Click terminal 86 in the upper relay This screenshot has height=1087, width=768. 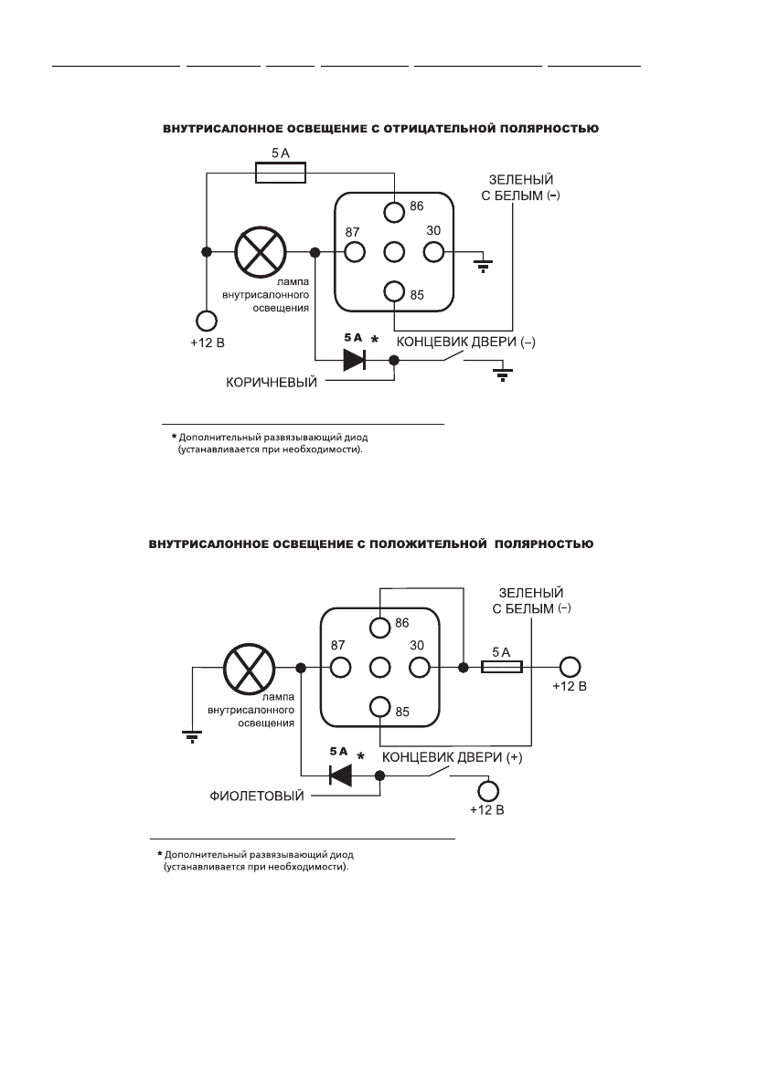coord(394,212)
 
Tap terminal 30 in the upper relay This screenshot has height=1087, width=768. coord(432,251)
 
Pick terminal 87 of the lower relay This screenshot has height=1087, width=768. coord(341,667)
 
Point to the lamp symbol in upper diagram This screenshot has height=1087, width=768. coord(261,252)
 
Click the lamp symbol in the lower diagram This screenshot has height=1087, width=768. coord(248,668)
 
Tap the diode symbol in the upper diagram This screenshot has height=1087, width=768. coord(355,361)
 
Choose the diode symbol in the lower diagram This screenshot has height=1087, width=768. coord(342,776)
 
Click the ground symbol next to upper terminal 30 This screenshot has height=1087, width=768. coord(483,265)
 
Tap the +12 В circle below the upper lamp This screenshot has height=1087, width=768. coord(207,321)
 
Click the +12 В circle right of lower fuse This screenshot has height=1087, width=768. coord(571,668)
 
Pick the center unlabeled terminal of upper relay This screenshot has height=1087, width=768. coord(394,251)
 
